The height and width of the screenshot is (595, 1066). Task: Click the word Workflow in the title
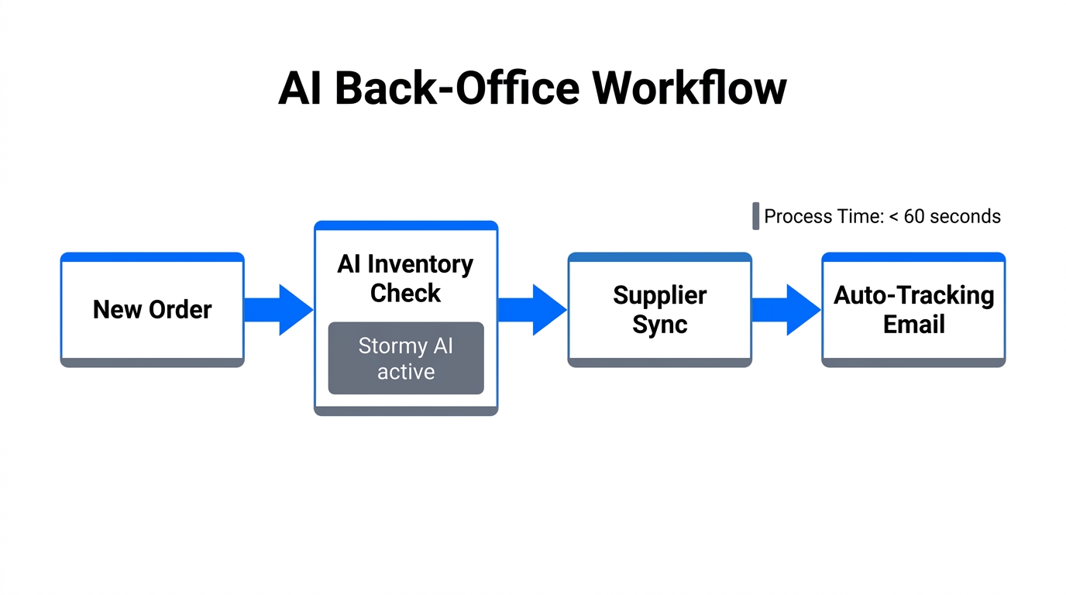(689, 88)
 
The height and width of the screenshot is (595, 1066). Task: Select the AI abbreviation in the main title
(301, 88)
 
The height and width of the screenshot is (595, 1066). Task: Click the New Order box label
(152, 310)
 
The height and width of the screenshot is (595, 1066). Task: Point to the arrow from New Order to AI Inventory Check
(278, 310)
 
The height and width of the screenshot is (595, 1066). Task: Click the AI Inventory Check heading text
(405, 279)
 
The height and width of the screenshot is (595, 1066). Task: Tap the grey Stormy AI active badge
(406, 359)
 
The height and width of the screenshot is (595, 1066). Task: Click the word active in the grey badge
(406, 372)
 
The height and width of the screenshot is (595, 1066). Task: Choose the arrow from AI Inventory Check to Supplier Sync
(532, 310)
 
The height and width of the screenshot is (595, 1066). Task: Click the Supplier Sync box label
(659, 310)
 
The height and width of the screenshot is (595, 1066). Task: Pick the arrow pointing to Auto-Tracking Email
(786, 310)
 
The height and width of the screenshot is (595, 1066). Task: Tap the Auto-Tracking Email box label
(913, 310)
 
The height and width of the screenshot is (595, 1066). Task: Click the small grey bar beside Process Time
(755, 216)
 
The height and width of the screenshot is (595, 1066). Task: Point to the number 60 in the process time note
(914, 216)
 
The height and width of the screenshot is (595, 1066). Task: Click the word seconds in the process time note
(965, 216)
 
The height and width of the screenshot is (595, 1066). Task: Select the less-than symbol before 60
(893, 217)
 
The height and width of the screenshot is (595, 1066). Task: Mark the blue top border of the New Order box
(152, 256)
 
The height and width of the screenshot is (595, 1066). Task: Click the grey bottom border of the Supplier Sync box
(659, 363)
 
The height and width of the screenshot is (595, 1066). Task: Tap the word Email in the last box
(913, 324)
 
